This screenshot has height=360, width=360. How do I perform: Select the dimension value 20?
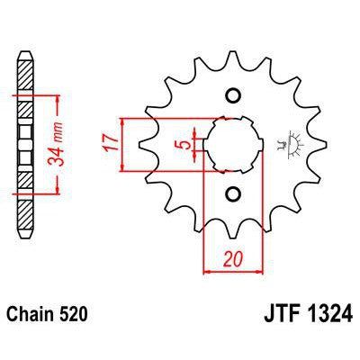coord(233,258)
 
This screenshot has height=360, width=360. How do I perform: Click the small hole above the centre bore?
coord(234,95)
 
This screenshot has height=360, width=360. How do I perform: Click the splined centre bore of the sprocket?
coord(233,144)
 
